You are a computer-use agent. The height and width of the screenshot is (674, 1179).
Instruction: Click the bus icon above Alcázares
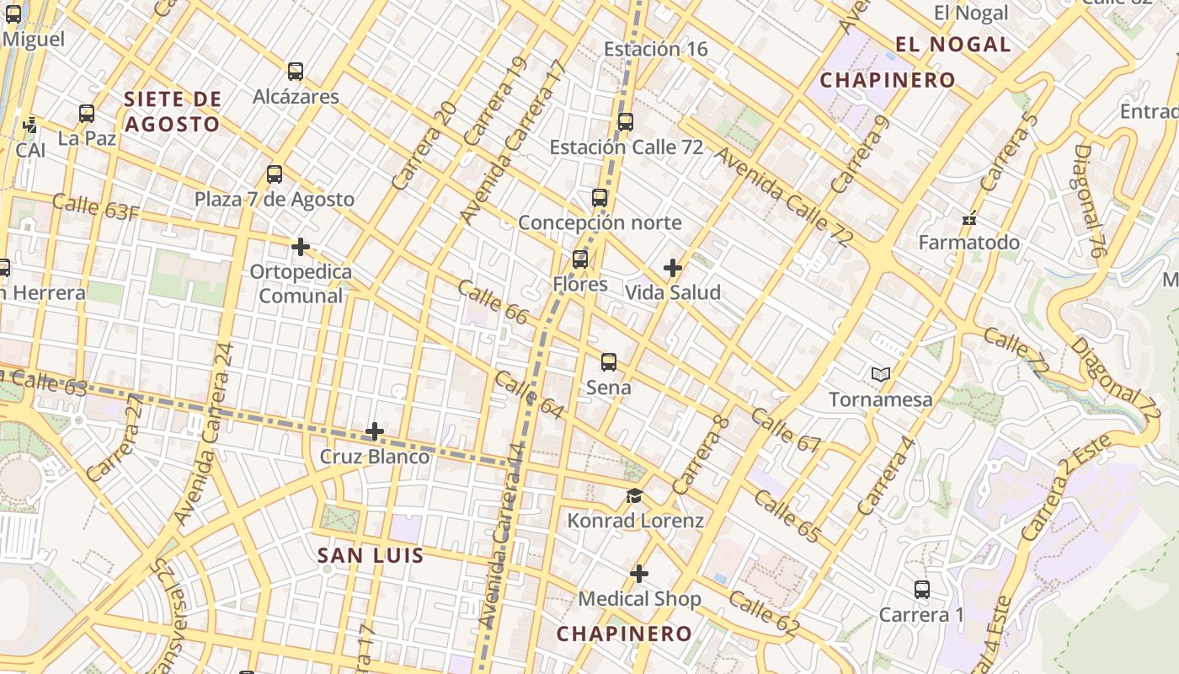(295, 72)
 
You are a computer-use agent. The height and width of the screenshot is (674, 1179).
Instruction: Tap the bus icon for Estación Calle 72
(625, 122)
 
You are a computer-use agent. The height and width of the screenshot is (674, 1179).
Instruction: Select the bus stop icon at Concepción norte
(599, 199)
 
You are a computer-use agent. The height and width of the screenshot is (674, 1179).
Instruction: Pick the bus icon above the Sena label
(608, 363)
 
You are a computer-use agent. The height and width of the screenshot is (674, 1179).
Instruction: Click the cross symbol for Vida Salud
(672, 269)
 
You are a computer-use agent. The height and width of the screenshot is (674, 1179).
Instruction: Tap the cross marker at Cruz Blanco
(374, 432)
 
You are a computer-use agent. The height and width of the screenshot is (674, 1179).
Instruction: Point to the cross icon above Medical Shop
(639, 575)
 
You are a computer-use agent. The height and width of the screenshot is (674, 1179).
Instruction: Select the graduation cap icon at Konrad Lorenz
(634, 496)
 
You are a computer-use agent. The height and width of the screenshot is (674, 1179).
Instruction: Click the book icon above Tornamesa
(881, 374)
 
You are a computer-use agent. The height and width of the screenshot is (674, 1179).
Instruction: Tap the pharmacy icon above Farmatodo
(968, 218)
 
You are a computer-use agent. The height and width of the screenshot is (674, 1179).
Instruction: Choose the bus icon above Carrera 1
(921, 590)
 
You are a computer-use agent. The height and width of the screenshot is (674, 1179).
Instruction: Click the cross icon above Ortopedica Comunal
(300, 248)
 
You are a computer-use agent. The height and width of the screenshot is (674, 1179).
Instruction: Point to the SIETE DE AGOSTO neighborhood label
(173, 111)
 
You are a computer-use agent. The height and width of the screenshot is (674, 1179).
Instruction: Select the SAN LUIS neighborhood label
(370, 555)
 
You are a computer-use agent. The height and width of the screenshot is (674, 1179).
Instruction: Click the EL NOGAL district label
(952, 45)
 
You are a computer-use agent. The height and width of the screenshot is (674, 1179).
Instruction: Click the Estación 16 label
(655, 49)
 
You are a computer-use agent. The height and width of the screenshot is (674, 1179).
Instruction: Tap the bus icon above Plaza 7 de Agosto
(274, 175)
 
